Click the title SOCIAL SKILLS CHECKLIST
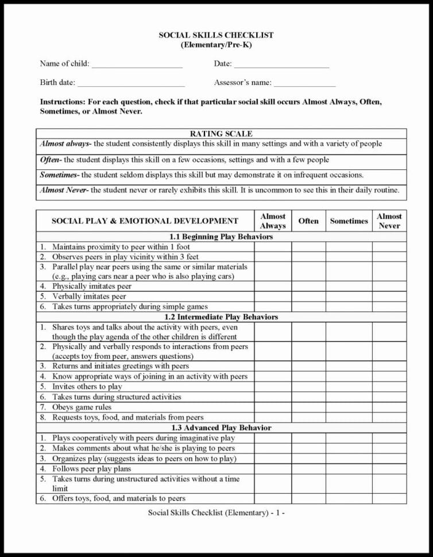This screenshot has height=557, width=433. [x=216, y=35]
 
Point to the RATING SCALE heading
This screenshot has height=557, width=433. [x=221, y=134]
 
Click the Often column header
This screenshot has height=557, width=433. [x=308, y=221]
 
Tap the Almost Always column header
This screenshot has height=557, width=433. [x=273, y=221]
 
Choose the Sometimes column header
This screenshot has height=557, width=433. [x=349, y=221]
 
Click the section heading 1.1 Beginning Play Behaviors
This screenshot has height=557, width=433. [x=221, y=237]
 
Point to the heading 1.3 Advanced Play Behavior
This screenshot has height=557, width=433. [x=221, y=428]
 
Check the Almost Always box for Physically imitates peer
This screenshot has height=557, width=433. [x=273, y=286]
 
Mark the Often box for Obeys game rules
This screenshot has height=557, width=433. [x=308, y=407]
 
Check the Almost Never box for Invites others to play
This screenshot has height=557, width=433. [x=389, y=386]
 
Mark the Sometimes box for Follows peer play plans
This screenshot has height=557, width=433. [x=349, y=469]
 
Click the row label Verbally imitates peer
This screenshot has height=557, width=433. [x=89, y=296]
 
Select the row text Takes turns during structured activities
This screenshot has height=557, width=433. [x=117, y=397]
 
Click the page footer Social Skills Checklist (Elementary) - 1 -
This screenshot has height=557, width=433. [x=216, y=512]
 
